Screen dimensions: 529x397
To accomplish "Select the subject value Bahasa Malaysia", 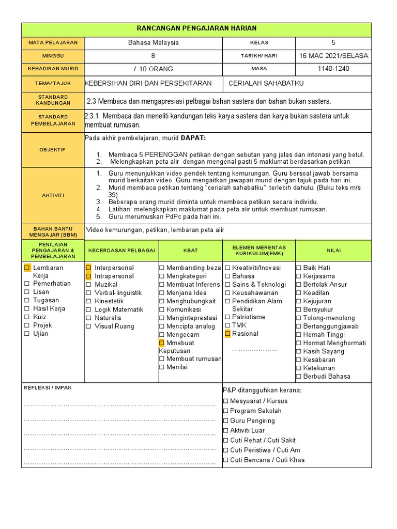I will tap(154, 43).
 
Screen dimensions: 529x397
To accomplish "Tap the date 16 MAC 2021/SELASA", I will tap(333, 56).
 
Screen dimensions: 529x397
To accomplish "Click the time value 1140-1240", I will tap(333, 69).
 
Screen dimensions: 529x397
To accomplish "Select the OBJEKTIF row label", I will tap(53, 149).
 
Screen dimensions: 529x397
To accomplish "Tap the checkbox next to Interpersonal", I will tap(88, 268).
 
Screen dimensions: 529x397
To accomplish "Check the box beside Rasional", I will tap(227, 334).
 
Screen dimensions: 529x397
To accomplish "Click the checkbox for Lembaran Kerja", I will tap(27, 268).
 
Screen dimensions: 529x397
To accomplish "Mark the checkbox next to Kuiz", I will tap(27, 317).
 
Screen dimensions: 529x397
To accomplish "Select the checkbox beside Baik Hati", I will tap(299, 268).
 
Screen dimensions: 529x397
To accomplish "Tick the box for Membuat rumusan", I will tap(162, 359).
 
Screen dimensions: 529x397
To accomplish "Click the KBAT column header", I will tap(190, 251).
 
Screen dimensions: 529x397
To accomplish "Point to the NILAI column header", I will tap(333, 251).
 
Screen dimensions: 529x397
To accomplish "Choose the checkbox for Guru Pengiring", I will tap(225, 421).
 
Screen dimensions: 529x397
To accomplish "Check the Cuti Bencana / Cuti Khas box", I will tap(225, 460).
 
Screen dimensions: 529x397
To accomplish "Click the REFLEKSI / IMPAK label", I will tap(48, 388).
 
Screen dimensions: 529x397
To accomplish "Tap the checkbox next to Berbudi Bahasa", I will tap(299, 377).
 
